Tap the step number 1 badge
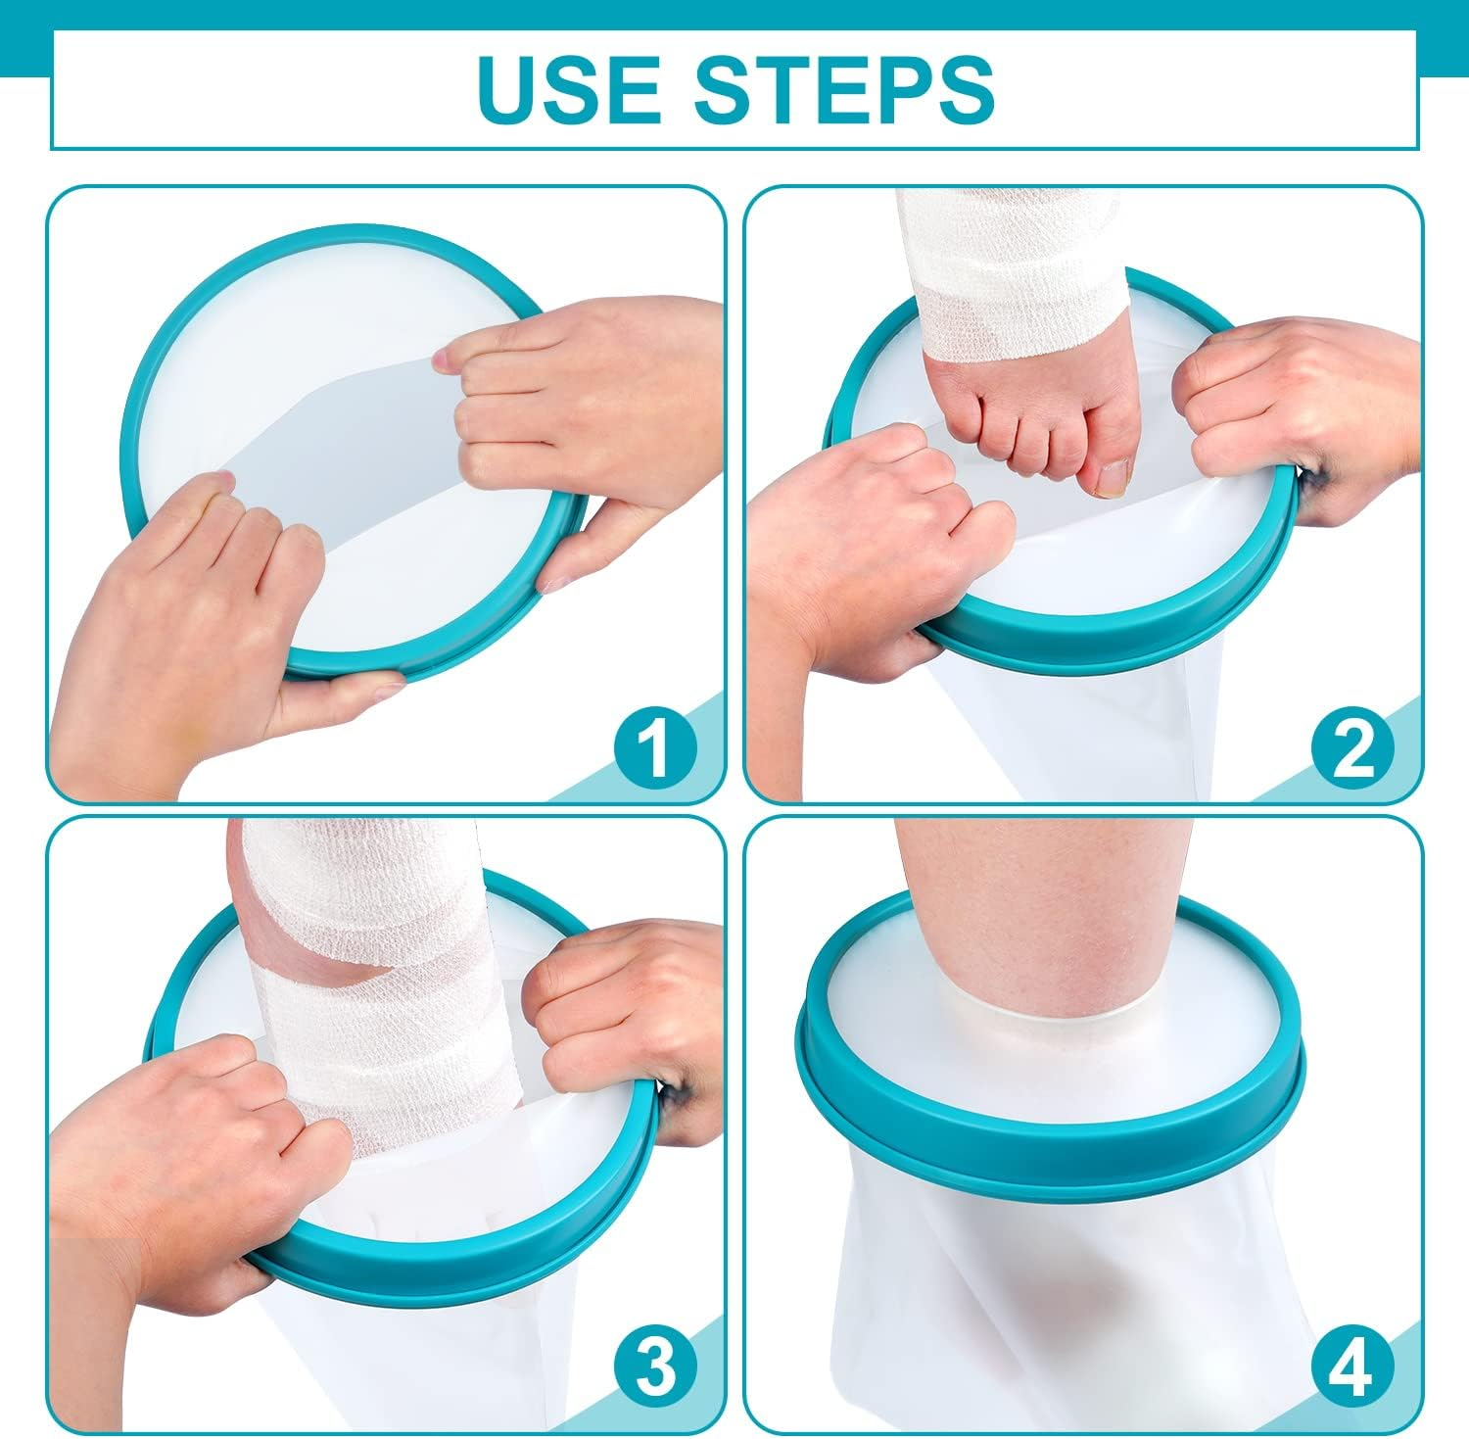coord(656,748)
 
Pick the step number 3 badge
coord(656,1366)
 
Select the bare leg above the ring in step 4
coord(1048,901)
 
